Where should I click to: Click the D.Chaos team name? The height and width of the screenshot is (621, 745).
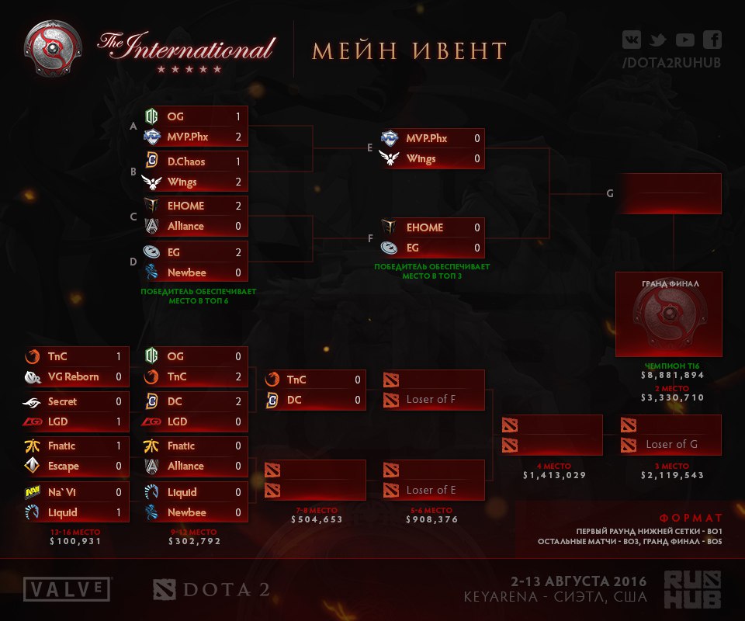185,161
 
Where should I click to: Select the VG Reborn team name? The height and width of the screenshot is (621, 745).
73,376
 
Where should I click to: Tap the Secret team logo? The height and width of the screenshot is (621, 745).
32,403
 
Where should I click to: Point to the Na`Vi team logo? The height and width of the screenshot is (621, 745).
32,492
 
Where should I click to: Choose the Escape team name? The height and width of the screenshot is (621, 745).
63,466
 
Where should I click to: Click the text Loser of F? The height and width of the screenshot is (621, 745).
431,399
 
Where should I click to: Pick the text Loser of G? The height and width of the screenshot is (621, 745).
671,444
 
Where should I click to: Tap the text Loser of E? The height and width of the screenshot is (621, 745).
431,490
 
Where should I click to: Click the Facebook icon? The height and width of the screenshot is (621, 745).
712,40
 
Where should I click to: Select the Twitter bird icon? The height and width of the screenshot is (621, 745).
657,40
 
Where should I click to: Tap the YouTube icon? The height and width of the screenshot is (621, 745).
684,40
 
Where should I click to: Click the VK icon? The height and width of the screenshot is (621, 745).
632,40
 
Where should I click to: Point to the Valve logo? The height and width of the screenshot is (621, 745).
67,589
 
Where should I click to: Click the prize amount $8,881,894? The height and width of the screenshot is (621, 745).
672,375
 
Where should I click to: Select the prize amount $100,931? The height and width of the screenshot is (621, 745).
75,541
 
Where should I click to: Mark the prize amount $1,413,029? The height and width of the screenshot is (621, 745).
554,474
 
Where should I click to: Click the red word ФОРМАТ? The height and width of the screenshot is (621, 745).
691,518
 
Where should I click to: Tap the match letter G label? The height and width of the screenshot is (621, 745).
610,193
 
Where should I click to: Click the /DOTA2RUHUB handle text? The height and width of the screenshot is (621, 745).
671,63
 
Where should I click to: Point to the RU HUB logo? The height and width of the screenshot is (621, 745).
692,590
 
